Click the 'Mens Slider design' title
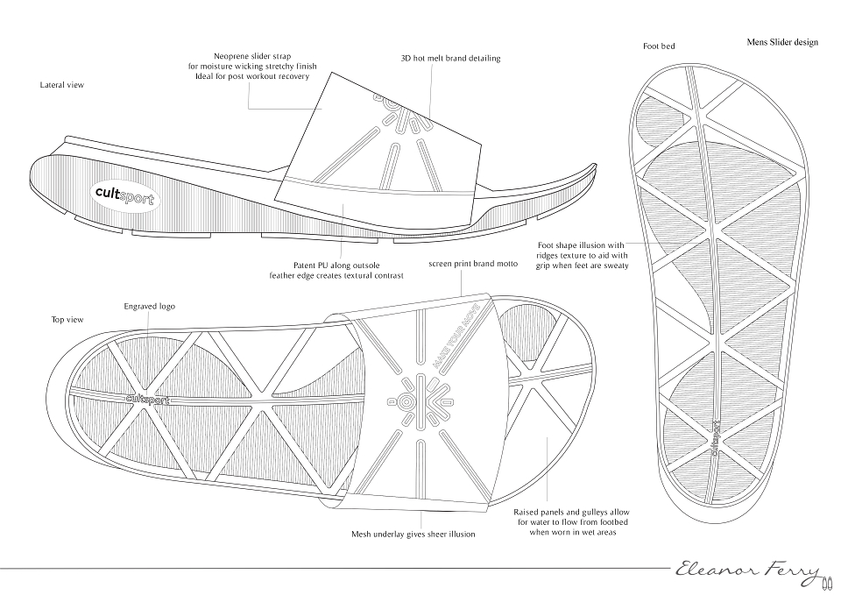click(x=782, y=42)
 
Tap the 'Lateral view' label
click(x=62, y=85)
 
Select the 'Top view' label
click(x=67, y=320)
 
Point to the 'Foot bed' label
click(x=659, y=46)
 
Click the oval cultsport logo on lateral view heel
click(x=124, y=195)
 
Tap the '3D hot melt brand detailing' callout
click(x=450, y=58)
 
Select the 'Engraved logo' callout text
click(x=149, y=307)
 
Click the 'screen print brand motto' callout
click(x=473, y=264)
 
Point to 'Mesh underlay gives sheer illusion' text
click(x=413, y=534)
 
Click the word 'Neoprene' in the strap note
click(x=231, y=56)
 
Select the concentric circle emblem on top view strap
click(x=406, y=402)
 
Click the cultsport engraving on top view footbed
click(x=147, y=400)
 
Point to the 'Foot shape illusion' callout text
click(x=582, y=255)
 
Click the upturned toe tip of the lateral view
click(x=594, y=166)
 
